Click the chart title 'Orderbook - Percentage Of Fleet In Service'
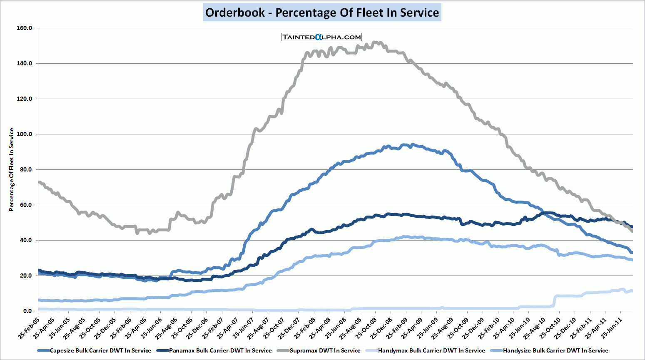(x=322, y=12)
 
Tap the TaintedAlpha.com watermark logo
(x=321, y=37)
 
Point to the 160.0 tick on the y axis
(x=25, y=28)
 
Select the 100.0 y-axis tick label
(x=25, y=134)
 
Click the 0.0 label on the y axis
(x=27, y=311)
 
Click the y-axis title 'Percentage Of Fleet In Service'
(x=12, y=169)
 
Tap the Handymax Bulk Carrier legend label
(x=431, y=350)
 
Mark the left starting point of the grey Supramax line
(x=39, y=182)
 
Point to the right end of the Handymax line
(x=632, y=291)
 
